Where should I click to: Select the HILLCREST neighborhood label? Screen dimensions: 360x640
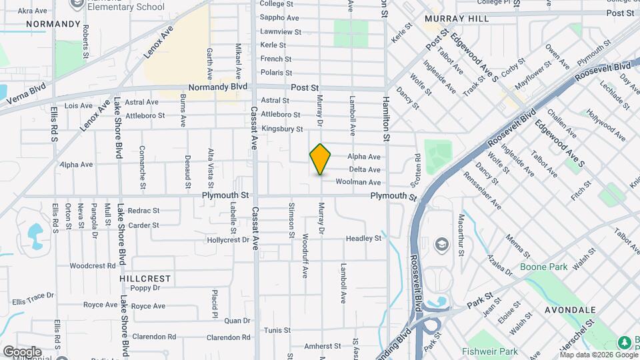145,278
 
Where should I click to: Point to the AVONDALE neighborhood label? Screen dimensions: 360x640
569,310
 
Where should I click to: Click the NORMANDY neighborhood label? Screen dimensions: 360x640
53,23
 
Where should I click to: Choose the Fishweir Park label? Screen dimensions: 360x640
489,351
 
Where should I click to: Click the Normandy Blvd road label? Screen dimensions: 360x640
218,87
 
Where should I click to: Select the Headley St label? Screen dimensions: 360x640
363,238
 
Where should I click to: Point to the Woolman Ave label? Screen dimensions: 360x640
358,182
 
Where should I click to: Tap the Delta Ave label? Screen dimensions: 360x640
365,169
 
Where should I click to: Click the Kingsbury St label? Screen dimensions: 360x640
282,129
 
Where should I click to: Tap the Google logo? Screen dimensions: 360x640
22,351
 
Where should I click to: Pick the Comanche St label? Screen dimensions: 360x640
142,162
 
